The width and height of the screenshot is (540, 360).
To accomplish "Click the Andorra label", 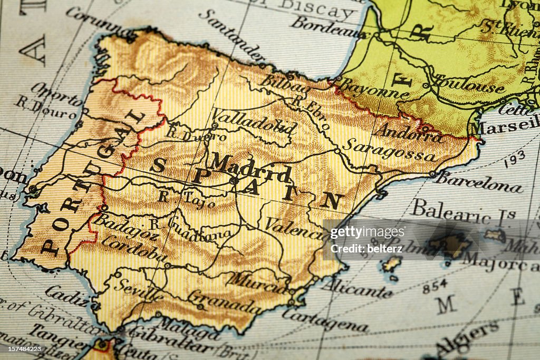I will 408,132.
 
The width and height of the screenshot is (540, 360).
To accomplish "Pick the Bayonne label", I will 373,89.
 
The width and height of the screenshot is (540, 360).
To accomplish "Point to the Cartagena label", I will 325,320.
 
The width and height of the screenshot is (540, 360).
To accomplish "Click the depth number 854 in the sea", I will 435,286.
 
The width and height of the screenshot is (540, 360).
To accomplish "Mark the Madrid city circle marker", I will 234,180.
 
